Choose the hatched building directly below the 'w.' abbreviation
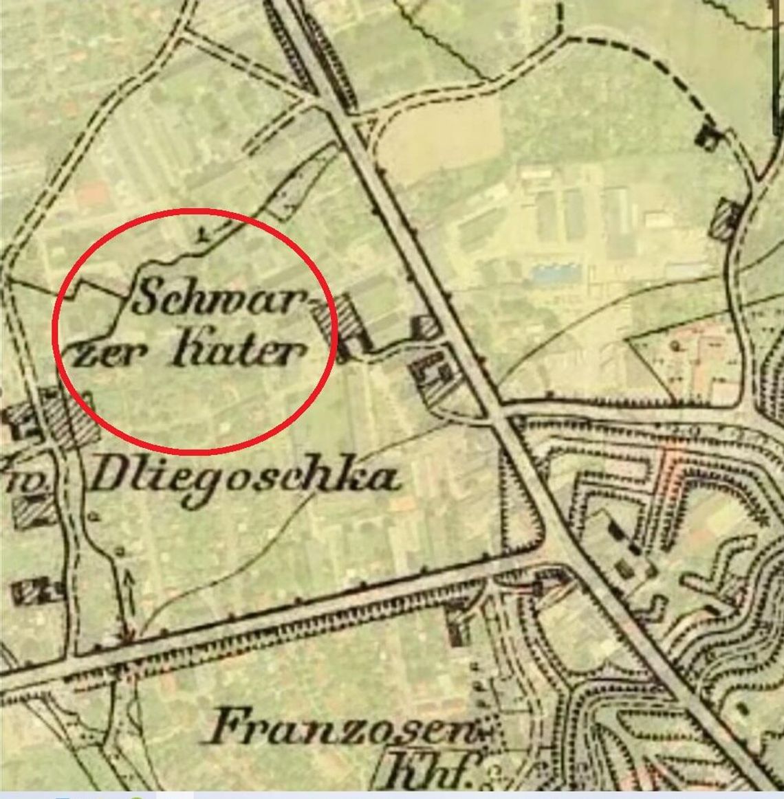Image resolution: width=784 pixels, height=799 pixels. pyautogui.click(x=28, y=510)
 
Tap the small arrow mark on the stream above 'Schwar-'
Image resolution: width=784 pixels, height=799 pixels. pyautogui.click(x=202, y=236)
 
